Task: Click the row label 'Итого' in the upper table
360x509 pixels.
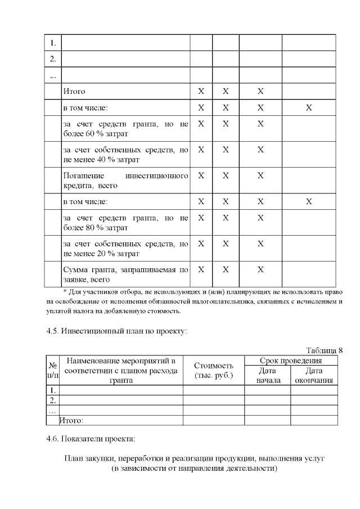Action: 74,91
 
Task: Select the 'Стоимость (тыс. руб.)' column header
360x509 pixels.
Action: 213,370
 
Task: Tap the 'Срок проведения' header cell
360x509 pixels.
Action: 291,361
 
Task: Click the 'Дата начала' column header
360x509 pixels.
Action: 267,375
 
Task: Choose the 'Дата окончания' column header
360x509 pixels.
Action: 314,375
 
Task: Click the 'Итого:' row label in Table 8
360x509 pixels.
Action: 72,420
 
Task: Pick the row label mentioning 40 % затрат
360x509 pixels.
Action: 125,155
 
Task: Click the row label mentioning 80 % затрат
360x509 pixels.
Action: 125,223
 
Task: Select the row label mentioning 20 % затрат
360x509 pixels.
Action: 125,249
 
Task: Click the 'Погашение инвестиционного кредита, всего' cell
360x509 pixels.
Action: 125,181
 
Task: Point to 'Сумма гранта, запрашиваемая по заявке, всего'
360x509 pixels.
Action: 125,274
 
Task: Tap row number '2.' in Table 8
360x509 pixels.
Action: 52,400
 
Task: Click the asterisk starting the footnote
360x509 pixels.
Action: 65,291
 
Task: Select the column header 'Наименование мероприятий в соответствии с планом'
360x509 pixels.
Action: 121,370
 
